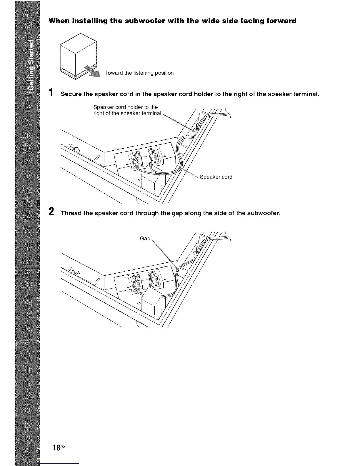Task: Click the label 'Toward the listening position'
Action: click(139, 73)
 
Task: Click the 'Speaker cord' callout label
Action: click(216, 177)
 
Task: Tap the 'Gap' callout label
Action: click(145, 238)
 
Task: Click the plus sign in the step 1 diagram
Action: click(165, 156)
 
